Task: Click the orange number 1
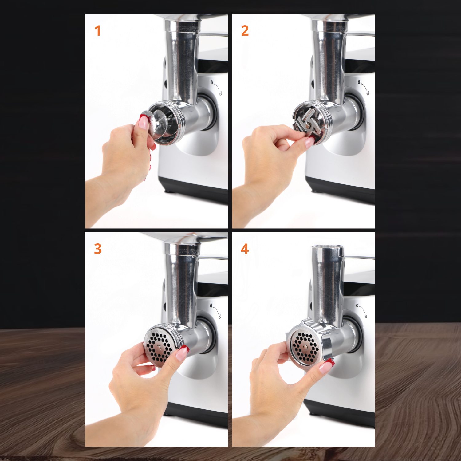pos(98,31)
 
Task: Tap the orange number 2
pos(245,31)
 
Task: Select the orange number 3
pos(98,249)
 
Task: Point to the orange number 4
pos(245,249)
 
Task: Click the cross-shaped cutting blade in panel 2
pos(308,123)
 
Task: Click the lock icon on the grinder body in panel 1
pos(211,82)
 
